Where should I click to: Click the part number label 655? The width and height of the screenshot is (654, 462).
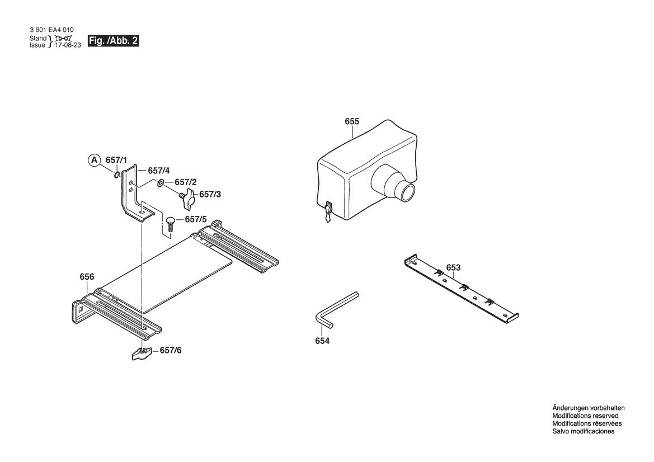(352, 121)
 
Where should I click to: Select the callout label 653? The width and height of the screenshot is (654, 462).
(453, 268)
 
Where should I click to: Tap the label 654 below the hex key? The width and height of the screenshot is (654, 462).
(322, 341)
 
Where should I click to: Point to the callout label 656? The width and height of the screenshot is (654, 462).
(87, 277)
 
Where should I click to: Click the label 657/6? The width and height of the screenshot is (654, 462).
(171, 351)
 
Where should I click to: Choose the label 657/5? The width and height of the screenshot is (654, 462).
(196, 219)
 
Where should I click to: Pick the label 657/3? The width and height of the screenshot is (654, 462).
(210, 195)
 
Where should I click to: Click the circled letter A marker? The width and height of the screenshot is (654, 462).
(93, 161)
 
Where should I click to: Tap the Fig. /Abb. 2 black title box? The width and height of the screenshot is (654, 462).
(113, 41)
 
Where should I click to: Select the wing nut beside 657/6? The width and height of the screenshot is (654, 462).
(141, 353)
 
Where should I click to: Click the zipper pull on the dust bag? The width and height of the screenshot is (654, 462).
(327, 212)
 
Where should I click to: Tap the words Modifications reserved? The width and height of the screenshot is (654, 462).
(585, 416)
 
